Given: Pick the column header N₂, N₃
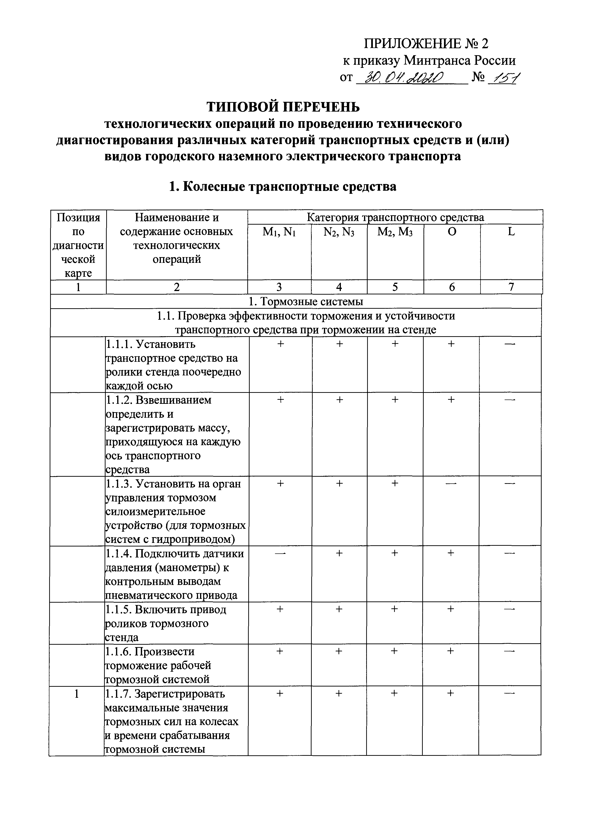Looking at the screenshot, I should point(339,232).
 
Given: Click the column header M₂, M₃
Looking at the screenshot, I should point(395,232).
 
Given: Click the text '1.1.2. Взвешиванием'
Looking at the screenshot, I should point(158,400).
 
